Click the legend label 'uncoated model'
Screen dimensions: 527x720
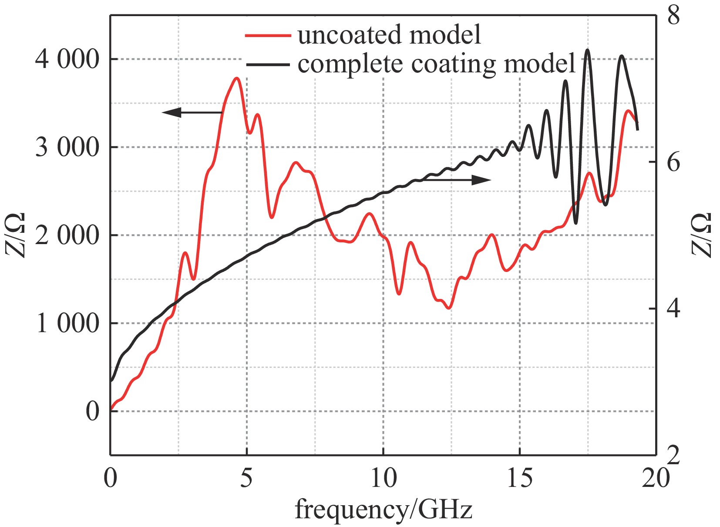click(389, 35)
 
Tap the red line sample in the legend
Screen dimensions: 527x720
click(268, 35)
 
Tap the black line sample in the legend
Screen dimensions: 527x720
click(268, 65)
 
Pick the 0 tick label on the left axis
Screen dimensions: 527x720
click(92, 411)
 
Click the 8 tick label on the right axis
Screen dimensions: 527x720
click(673, 16)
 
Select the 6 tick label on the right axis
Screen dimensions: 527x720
click(673, 163)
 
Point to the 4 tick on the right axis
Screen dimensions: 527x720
click(673, 309)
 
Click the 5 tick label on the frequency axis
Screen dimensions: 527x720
click(246, 478)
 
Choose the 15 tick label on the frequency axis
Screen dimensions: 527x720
click(520, 478)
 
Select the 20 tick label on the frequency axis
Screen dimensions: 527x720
click(656, 478)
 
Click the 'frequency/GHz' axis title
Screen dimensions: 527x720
click(384, 509)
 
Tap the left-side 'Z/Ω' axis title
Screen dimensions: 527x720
click(16, 235)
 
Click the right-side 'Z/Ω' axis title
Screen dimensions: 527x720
click(701, 235)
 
